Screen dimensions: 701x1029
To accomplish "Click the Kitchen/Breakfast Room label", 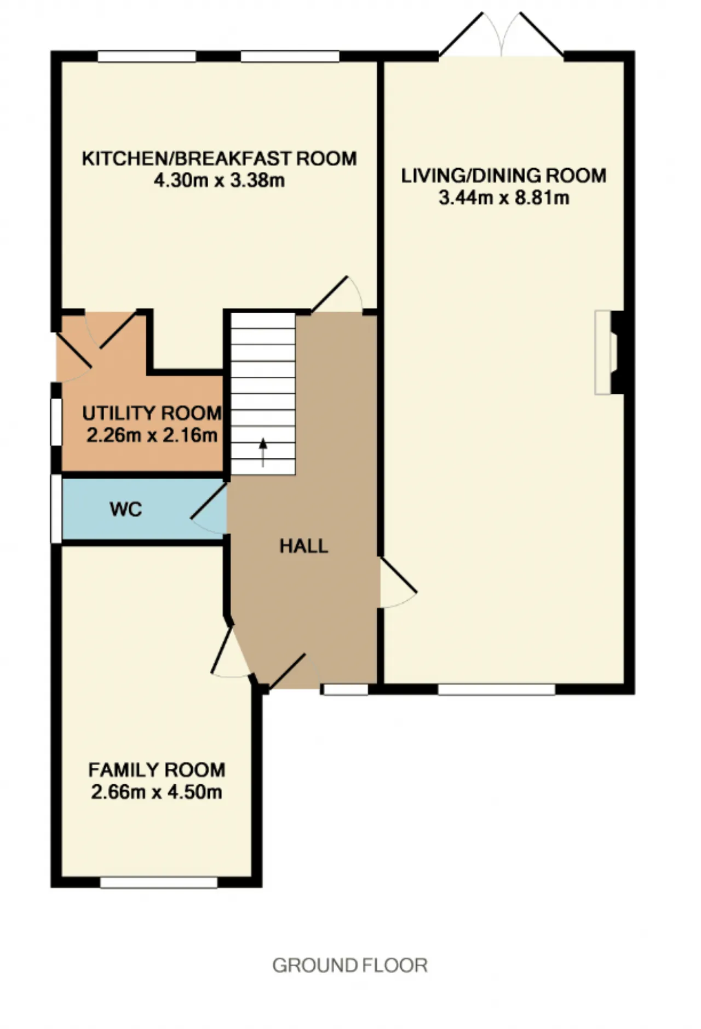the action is (x=219, y=158).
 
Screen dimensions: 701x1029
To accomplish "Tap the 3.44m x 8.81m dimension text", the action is (x=504, y=198).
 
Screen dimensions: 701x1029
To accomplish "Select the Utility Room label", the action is (x=152, y=413).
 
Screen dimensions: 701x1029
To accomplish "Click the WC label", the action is (x=126, y=509).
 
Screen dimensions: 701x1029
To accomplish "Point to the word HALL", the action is (x=304, y=546).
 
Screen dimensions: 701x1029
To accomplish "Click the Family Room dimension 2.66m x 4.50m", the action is (x=157, y=792).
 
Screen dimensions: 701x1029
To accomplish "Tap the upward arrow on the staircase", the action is (x=263, y=452).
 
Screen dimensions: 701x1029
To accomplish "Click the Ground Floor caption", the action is (x=350, y=965).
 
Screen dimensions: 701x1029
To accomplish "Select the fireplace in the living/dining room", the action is (x=610, y=352).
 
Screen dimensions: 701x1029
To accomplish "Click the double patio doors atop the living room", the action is (x=501, y=35).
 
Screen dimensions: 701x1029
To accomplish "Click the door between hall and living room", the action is (x=398, y=583).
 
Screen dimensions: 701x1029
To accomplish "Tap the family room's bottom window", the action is (x=159, y=882).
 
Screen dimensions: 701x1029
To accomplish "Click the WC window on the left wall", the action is (x=56, y=509).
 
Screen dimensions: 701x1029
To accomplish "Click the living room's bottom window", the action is (x=497, y=689).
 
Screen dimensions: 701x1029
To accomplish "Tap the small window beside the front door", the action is (x=346, y=689).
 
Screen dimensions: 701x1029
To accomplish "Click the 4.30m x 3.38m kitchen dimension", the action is (x=219, y=180).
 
